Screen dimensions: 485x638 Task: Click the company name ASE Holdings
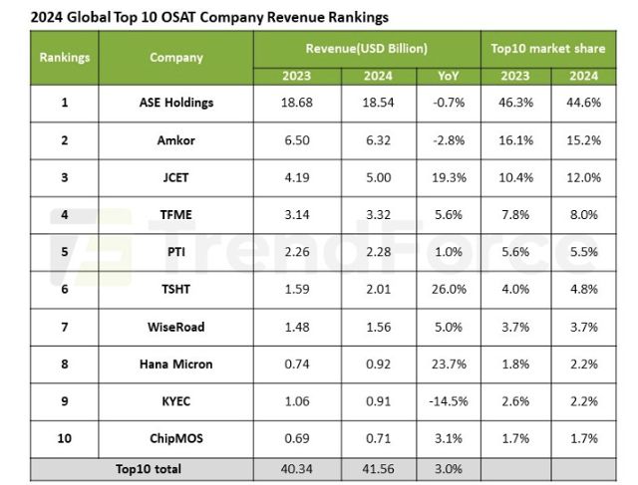pos(176,103)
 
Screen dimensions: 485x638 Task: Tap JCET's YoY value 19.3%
pos(449,177)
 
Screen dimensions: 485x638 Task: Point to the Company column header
pos(176,57)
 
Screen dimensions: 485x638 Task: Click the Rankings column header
pos(65,57)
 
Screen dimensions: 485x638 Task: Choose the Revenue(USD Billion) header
pos(367,48)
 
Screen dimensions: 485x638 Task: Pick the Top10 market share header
pos(547,48)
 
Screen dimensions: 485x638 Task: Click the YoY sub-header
pos(449,76)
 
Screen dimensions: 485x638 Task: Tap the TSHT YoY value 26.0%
pos(449,290)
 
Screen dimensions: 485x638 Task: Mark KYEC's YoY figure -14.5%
pos(449,401)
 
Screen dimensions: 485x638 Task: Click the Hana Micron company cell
pos(176,364)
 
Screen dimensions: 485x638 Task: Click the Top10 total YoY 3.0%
pos(449,467)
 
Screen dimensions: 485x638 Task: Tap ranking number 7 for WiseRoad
pos(65,328)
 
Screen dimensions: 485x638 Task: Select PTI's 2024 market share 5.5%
pos(583,252)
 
